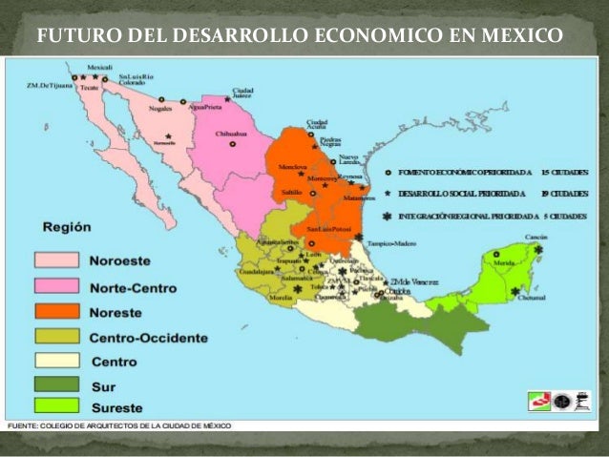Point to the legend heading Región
click(x=67, y=227)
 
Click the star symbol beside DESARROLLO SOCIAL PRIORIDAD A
click(x=388, y=192)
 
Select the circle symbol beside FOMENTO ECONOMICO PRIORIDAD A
click(x=388, y=171)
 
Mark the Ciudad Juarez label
click(x=243, y=93)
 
